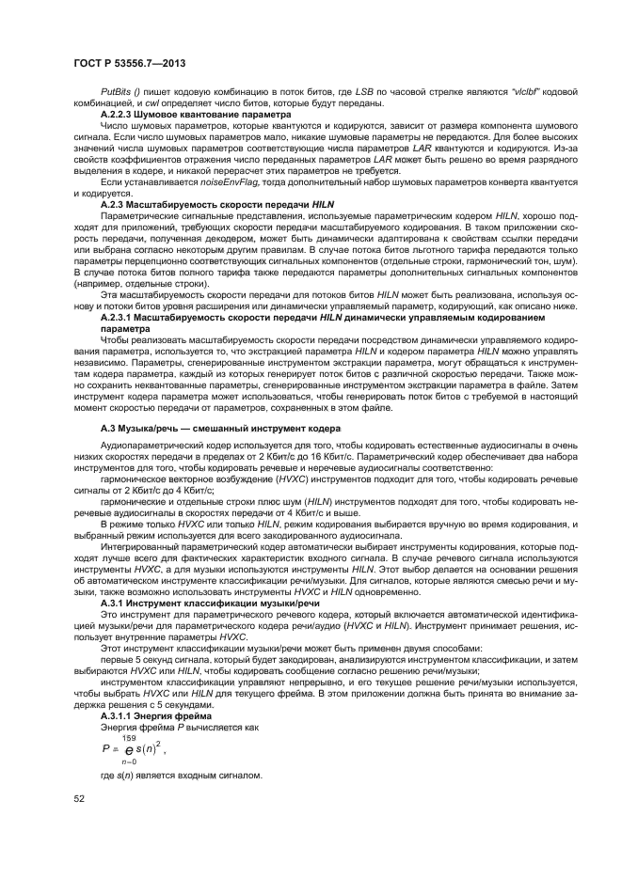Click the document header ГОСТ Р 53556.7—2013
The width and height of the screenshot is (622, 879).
click(x=128, y=62)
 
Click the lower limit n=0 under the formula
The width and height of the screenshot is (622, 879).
click(x=129, y=763)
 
